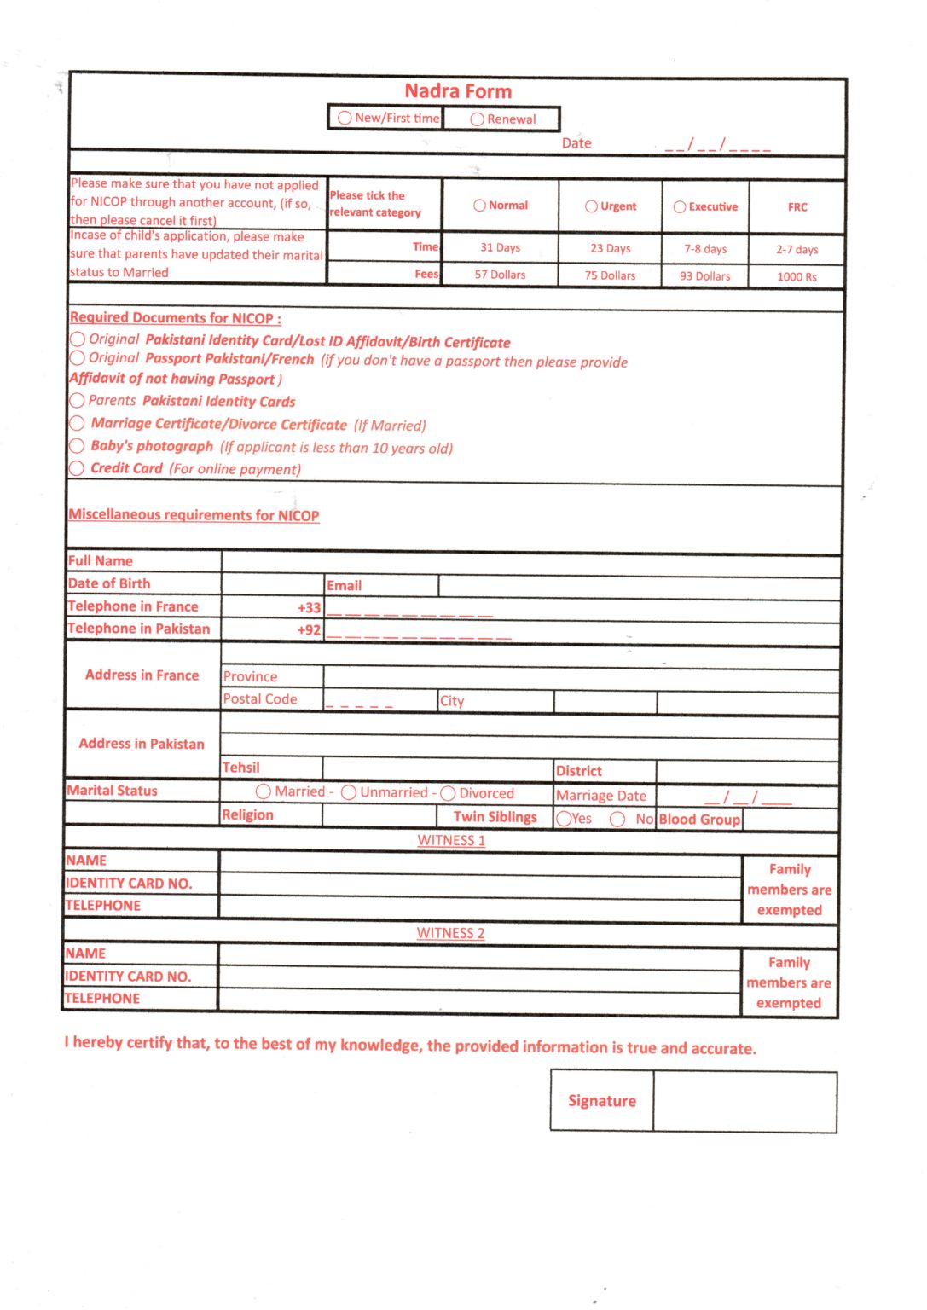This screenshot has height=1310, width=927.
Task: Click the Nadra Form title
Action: (x=458, y=91)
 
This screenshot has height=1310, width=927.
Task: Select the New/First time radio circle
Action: (x=345, y=118)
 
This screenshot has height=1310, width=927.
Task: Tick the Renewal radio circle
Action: (x=478, y=119)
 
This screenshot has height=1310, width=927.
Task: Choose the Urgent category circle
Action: (x=591, y=206)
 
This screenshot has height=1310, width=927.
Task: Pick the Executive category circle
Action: (x=680, y=206)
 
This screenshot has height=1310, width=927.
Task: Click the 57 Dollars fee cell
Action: (x=500, y=275)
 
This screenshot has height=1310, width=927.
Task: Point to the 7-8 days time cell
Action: (x=705, y=249)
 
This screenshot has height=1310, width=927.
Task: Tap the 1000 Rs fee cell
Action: (x=797, y=276)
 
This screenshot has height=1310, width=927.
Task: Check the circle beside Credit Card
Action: (x=77, y=468)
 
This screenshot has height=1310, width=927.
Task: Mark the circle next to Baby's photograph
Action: (x=77, y=446)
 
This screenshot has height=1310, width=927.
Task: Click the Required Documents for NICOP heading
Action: (x=176, y=318)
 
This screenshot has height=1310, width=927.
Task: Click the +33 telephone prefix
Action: (x=309, y=608)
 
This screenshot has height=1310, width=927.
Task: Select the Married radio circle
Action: (x=264, y=792)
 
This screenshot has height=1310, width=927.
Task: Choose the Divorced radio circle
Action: (x=448, y=793)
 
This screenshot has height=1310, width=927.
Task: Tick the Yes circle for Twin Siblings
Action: (x=564, y=819)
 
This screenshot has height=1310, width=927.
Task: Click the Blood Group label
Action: (x=699, y=819)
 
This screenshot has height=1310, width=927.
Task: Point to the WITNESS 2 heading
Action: (x=450, y=933)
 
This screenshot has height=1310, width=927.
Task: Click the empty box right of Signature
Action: (x=744, y=1102)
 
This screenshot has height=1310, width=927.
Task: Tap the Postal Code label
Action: (x=260, y=699)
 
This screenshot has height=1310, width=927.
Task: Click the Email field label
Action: (x=344, y=585)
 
